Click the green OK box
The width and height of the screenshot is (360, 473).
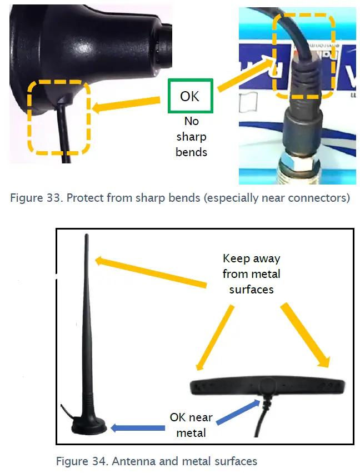(x=189, y=96)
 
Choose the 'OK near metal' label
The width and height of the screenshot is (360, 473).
(x=191, y=424)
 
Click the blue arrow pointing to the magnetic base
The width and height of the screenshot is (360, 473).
(x=138, y=428)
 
